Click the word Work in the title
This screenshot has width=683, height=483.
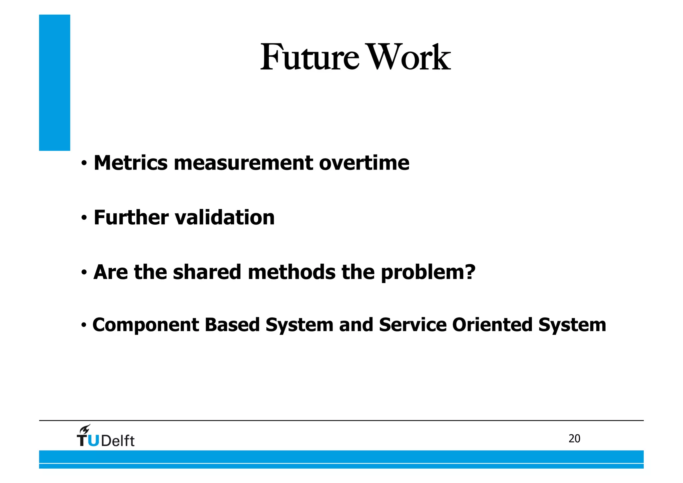[410, 57]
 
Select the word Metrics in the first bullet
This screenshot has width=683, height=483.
[130, 163]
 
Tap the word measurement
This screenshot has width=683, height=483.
[243, 163]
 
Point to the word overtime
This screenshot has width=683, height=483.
[364, 163]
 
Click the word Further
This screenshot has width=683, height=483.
[131, 217]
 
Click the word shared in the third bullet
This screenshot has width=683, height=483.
[207, 272]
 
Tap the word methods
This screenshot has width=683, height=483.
[291, 272]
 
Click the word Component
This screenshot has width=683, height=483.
[146, 325]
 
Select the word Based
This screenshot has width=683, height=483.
[232, 325]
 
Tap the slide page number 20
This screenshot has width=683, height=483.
[574, 439]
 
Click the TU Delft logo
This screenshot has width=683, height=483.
[106, 440]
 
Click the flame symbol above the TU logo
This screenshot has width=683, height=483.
[85, 429]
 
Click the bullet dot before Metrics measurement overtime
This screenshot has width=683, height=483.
[84, 164]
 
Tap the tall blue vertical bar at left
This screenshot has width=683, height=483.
[55, 82]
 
